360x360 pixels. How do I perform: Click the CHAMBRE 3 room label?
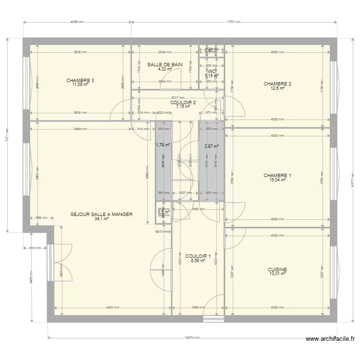coord(80,80)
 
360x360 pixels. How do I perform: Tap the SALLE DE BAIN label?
coord(165,64)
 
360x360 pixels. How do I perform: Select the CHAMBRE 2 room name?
coord(277,84)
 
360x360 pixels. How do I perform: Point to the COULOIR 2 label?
coord(183,102)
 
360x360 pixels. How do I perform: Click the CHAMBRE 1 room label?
coord(277,176)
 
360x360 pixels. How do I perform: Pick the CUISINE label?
coord(277,270)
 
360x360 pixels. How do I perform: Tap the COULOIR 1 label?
coord(198,256)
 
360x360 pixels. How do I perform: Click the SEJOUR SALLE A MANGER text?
coord(101,215)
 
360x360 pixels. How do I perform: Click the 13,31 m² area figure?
coord(277,274)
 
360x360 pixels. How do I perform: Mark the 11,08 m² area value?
coord(80,84)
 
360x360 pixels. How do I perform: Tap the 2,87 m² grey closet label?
coord(211,146)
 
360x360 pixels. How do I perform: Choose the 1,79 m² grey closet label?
coord(163,144)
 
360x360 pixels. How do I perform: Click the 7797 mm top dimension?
coord(233,22)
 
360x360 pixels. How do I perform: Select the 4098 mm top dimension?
coord(77,22)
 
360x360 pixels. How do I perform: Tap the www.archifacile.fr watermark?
coord(331,339)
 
